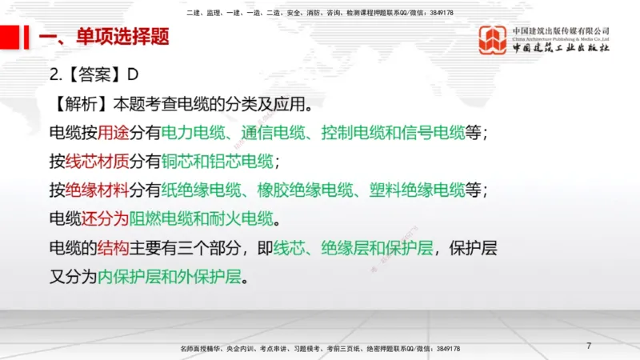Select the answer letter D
pyautogui.click(x=134, y=74)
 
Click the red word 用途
pyautogui.click(x=113, y=132)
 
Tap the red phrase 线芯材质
pyautogui.click(x=97, y=161)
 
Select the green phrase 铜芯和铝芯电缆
pyautogui.click(x=217, y=161)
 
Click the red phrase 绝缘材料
pyautogui.click(x=97, y=190)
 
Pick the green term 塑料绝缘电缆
pyautogui.click(x=417, y=190)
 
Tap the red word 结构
pyautogui.click(x=113, y=248)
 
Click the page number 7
pyautogui.click(x=589, y=346)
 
